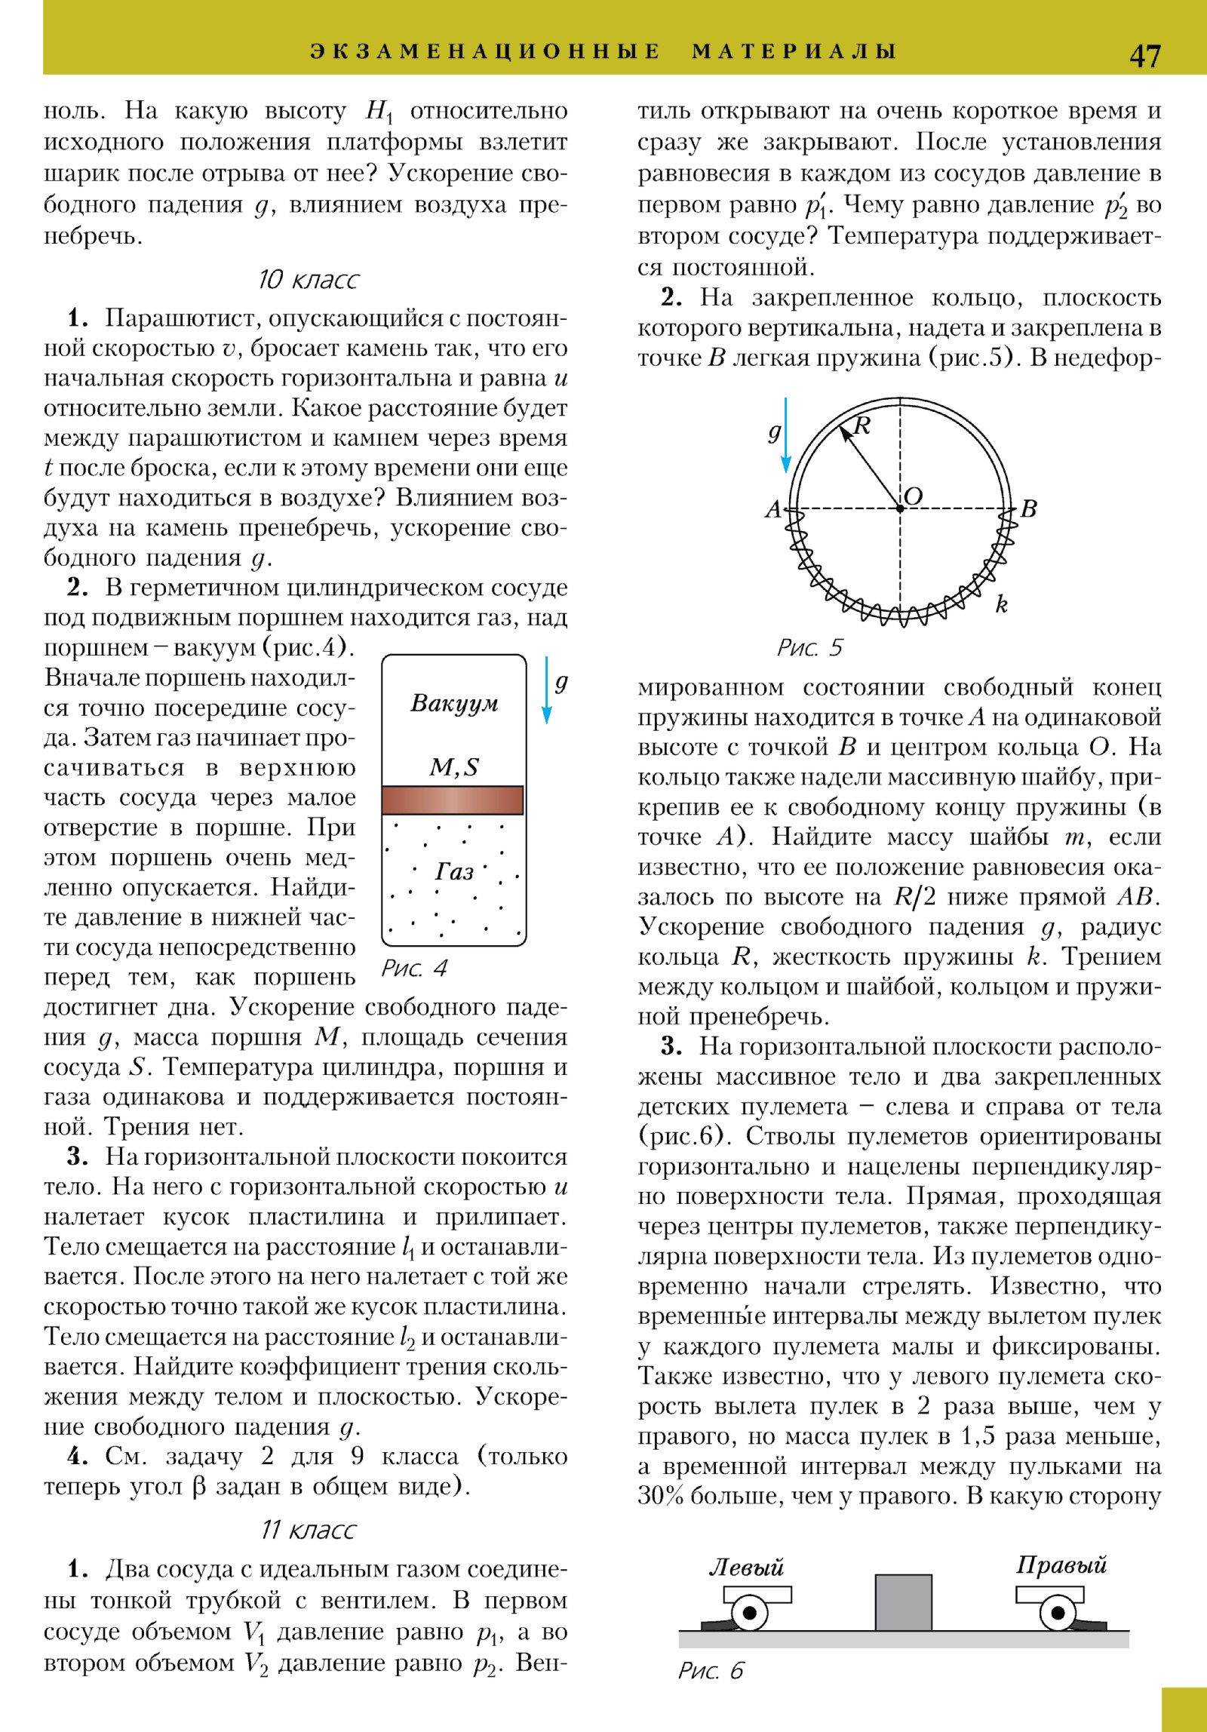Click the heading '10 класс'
pyautogui.click(x=308, y=280)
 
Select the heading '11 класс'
pyautogui.click(x=308, y=1530)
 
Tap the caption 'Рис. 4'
pyautogui.click(x=414, y=968)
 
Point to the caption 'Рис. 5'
pyautogui.click(x=809, y=647)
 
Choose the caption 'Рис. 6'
pyautogui.click(x=711, y=1670)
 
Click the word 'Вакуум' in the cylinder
pyautogui.click(x=454, y=703)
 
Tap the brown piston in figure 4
pyautogui.click(x=453, y=800)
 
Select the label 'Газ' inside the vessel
pyautogui.click(x=454, y=872)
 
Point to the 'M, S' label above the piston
pyautogui.click(x=454, y=767)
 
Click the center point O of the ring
pyautogui.click(x=900, y=508)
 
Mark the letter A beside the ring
pyautogui.click(x=773, y=510)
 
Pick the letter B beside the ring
pyautogui.click(x=1028, y=509)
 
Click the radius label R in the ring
pyautogui.click(x=862, y=426)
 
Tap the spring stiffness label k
pyautogui.click(x=1001, y=604)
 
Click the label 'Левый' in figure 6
pyautogui.click(x=746, y=1568)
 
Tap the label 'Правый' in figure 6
pyautogui.click(x=1061, y=1565)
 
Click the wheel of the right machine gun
pyautogui.click(x=1058, y=1613)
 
